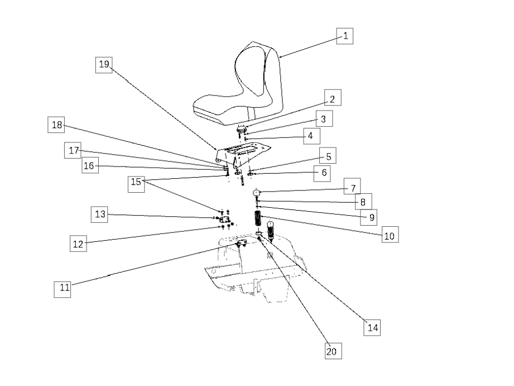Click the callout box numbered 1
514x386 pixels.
pyautogui.click(x=344, y=36)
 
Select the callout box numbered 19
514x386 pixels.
pyautogui.click(x=104, y=65)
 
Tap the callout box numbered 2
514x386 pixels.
pyautogui.click(x=333, y=98)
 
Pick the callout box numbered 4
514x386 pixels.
pyautogui.click(x=311, y=136)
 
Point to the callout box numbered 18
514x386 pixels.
pyautogui.click(x=56, y=125)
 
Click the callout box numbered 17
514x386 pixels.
pyautogui.click(x=73, y=150)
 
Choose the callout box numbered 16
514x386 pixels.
pyautogui.click(x=90, y=165)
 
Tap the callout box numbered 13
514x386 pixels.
pyautogui.click(x=99, y=215)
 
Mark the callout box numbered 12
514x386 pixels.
pyautogui.click(x=78, y=244)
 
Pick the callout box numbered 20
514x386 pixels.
pyautogui.click(x=333, y=351)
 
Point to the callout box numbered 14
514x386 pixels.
pyautogui.click(x=372, y=327)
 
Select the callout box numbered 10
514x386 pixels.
pyautogui.click(x=390, y=235)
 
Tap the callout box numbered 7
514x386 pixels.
pyautogui.click(x=352, y=186)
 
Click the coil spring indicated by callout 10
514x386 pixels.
pyautogui.click(x=258, y=218)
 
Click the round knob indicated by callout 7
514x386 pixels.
pyautogui.click(x=256, y=192)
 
